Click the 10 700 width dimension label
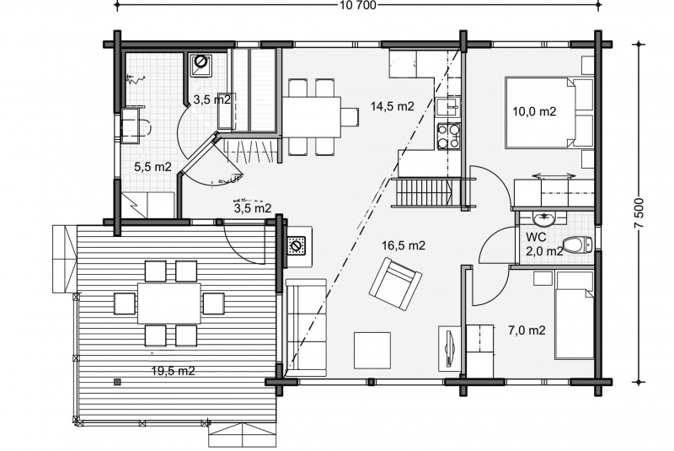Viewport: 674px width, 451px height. point(357,5)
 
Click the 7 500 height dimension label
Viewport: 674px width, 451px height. point(640,213)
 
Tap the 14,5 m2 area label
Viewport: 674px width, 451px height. point(393,106)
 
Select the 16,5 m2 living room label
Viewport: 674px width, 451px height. point(404,245)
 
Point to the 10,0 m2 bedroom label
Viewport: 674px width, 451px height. point(535,112)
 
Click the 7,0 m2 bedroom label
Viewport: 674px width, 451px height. point(527,330)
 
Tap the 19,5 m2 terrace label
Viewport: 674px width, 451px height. point(174,371)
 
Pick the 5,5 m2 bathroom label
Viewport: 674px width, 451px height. point(153,167)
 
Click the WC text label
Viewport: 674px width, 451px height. point(536,237)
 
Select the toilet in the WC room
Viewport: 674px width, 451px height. point(577,245)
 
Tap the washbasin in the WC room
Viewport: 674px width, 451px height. point(544,218)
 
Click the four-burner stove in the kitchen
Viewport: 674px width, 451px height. point(449,136)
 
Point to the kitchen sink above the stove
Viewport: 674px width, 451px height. point(448,107)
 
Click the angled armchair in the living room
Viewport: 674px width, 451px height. point(395,283)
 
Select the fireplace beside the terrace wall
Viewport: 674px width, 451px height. point(297,246)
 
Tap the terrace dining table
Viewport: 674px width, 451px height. point(169,303)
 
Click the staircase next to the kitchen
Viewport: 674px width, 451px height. point(423,193)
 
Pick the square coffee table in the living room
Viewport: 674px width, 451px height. point(372,351)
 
